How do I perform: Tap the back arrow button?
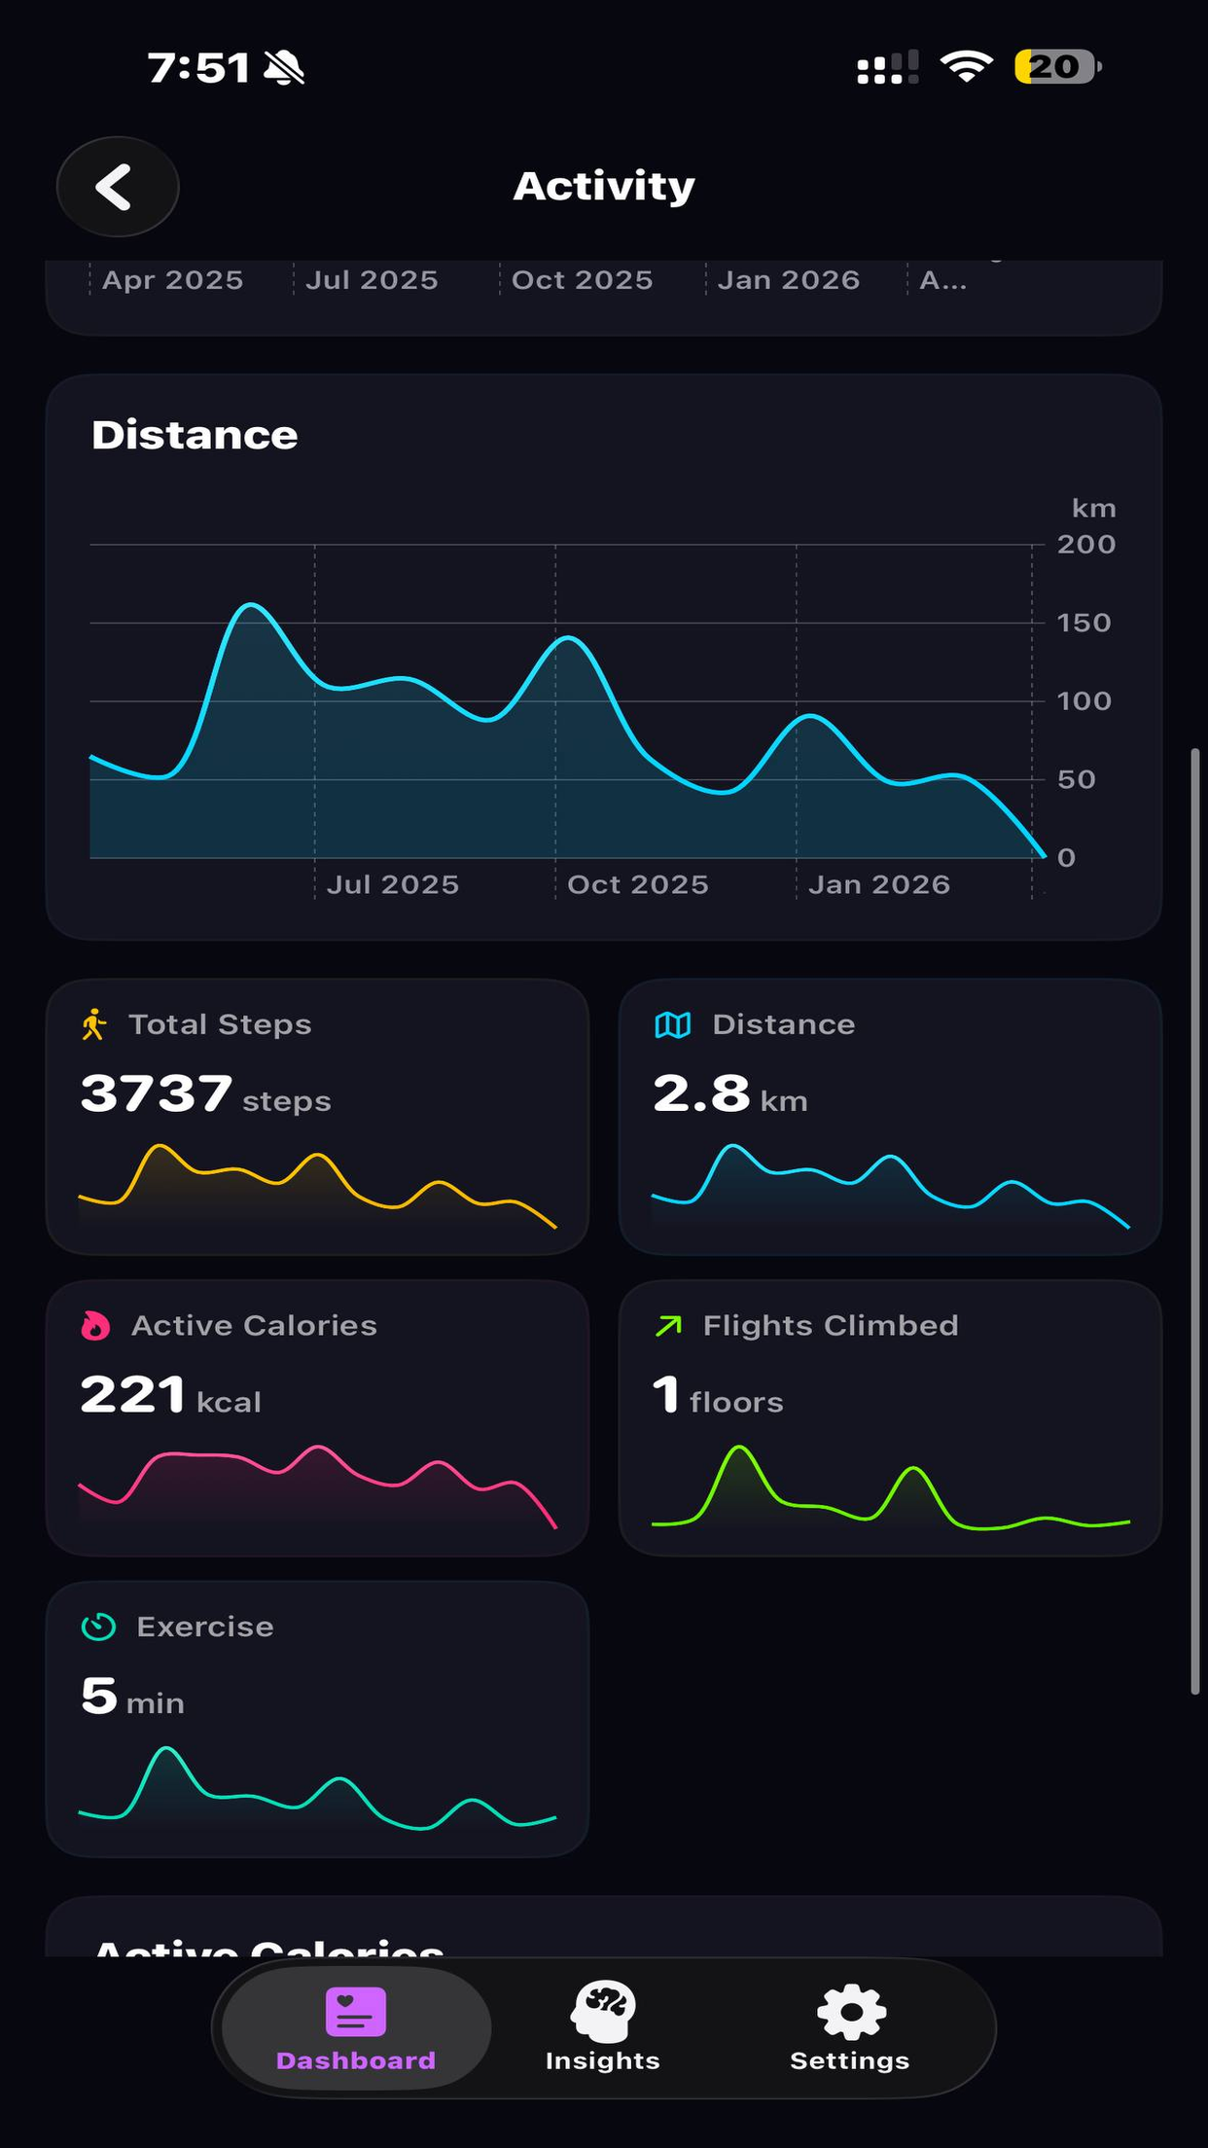117,187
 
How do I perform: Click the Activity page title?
603,186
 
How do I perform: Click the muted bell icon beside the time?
284,68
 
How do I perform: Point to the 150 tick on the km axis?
1084,623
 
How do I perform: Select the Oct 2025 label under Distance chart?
637,884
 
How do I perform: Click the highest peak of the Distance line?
251,605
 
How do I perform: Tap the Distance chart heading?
195,435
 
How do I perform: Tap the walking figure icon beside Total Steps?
94,1024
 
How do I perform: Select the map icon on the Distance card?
673,1024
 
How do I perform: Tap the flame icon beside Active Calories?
95,1325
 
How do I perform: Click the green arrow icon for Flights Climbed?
669,1325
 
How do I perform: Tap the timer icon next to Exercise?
98,1627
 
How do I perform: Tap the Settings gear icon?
850,2012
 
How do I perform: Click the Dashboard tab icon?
355,2012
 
